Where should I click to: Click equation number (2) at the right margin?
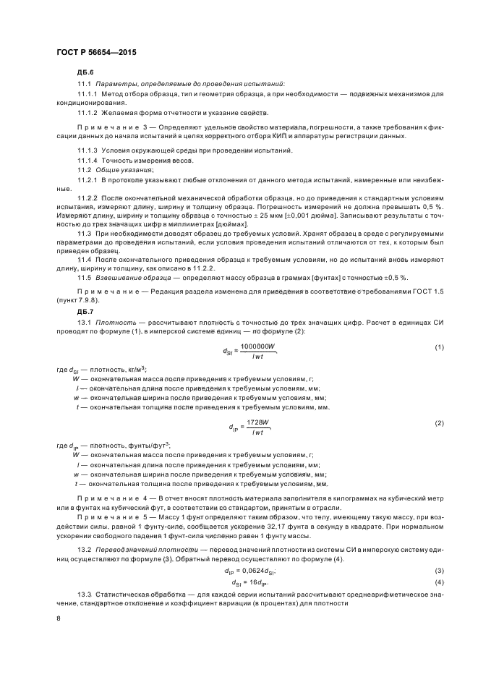pyautogui.click(x=438, y=422)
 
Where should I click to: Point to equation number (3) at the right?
pyautogui.click(x=438, y=550)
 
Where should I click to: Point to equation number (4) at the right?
pyautogui.click(x=438, y=562)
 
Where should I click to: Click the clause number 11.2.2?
pyautogui.click(x=88, y=197)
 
